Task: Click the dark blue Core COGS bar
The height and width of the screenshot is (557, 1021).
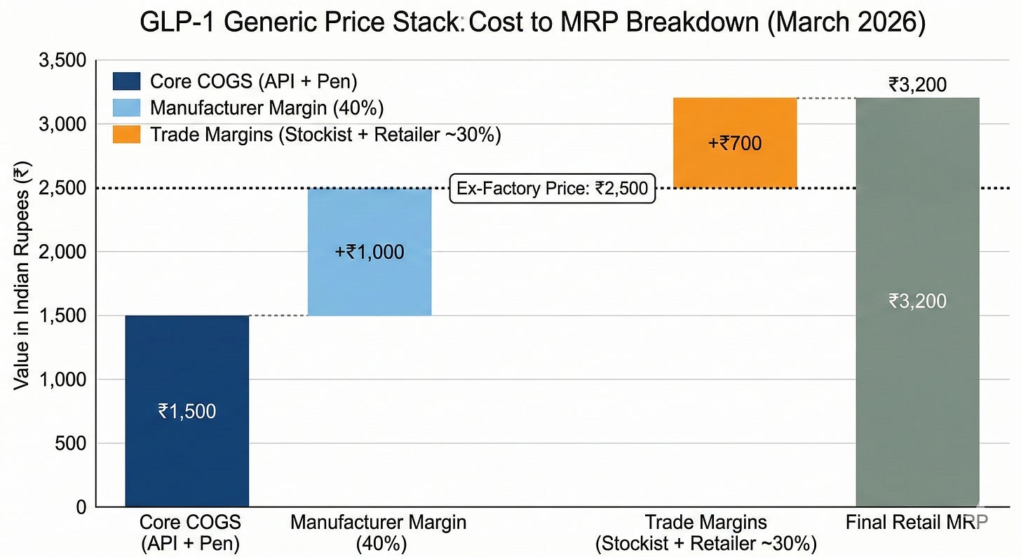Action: click(187, 410)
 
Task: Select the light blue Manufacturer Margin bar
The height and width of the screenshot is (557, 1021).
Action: click(370, 252)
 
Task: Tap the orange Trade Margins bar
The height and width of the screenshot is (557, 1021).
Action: click(735, 142)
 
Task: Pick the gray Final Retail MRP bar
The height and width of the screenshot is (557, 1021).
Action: click(917, 302)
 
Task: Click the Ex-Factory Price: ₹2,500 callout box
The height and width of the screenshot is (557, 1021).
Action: click(553, 188)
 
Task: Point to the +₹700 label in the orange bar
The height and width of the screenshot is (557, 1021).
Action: click(735, 143)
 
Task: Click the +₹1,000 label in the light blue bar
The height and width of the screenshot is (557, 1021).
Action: click(370, 252)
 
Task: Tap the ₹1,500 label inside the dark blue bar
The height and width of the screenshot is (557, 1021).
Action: click(187, 411)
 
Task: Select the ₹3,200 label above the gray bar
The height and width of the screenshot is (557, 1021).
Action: click(917, 85)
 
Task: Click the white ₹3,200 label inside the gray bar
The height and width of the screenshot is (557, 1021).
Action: click(917, 301)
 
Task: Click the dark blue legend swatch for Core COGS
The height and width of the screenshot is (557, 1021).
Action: click(127, 81)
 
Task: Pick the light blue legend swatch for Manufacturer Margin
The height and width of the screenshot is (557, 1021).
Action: click(127, 107)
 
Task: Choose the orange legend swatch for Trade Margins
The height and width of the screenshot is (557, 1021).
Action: click(127, 135)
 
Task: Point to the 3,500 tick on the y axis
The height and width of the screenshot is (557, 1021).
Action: click(62, 60)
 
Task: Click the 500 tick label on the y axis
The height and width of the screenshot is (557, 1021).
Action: click(71, 443)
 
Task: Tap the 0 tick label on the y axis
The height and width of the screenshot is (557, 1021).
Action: click(81, 507)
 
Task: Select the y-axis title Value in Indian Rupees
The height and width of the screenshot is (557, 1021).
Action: click(21, 276)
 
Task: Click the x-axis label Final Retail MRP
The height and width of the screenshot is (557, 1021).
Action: click(917, 523)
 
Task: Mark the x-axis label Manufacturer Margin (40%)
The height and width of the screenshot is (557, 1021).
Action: click(379, 533)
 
